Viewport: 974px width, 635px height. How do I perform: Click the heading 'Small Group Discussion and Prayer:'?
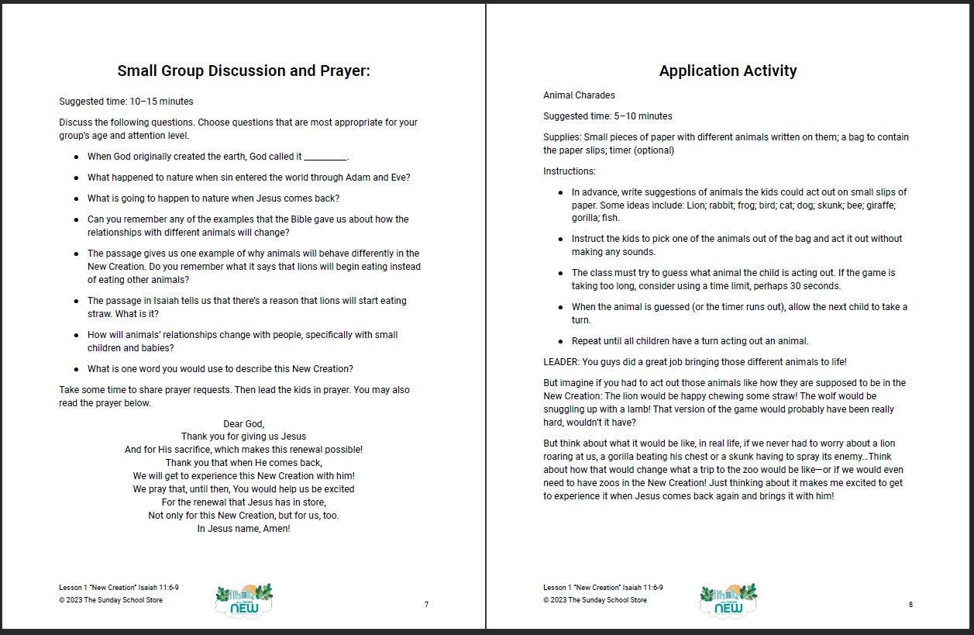243,71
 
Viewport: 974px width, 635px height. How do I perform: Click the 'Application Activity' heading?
728,71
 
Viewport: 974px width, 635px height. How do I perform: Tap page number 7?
426,605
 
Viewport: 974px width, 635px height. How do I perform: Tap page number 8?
910,605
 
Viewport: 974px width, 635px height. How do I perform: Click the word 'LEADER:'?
561,362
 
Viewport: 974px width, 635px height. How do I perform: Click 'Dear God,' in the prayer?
243,423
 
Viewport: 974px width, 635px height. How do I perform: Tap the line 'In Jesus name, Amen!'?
243,529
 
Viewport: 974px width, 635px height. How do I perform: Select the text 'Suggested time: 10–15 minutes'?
126,102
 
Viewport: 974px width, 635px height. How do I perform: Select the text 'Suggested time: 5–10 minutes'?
607,116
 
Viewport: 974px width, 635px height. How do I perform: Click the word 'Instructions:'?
570,171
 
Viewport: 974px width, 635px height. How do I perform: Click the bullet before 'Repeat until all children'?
560,342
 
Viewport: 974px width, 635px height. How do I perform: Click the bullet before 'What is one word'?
76,370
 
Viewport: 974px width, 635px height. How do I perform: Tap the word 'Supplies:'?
563,137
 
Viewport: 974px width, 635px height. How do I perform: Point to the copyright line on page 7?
111,600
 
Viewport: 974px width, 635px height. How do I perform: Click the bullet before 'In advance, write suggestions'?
560,192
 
